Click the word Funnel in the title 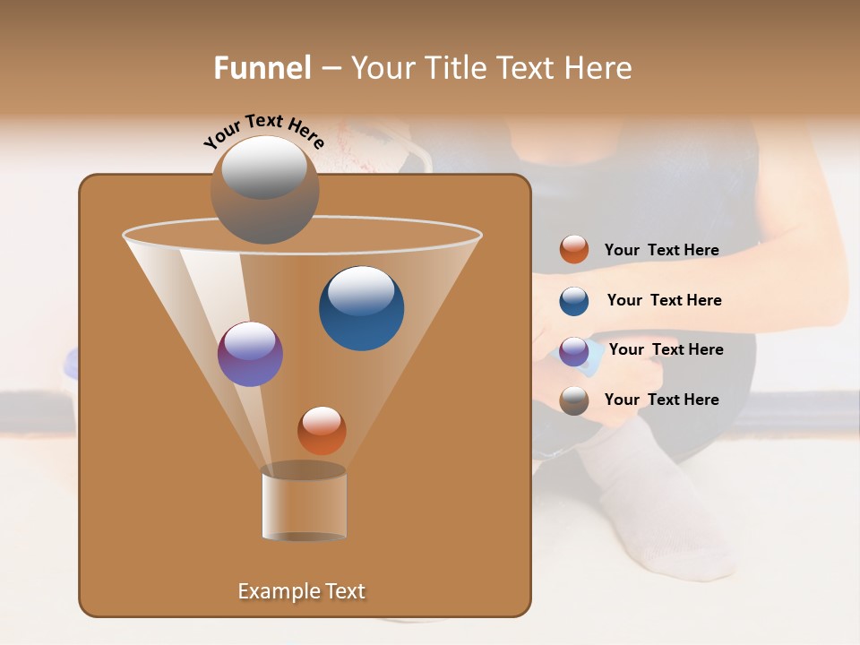(x=262, y=68)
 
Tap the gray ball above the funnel (x=264, y=189)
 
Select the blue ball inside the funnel (x=361, y=307)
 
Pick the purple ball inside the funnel (x=250, y=354)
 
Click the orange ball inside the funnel (x=322, y=430)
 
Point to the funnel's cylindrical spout (x=304, y=505)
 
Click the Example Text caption (x=301, y=591)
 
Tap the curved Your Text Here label (x=264, y=130)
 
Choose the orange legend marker (x=574, y=250)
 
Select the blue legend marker (x=574, y=300)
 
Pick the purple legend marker (x=574, y=350)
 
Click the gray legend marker (x=574, y=400)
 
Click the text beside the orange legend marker (x=661, y=250)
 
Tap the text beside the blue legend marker (x=664, y=300)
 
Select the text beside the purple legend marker (x=666, y=349)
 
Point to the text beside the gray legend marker (x=661, y=400)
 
